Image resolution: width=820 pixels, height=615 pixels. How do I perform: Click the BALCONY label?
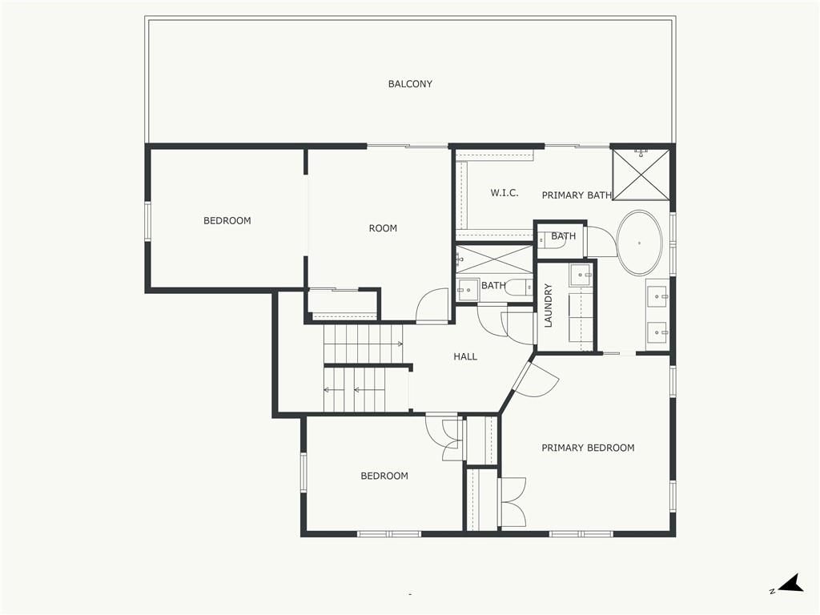coord(410,84)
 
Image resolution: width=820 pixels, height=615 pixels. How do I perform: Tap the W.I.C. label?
coord(504,193)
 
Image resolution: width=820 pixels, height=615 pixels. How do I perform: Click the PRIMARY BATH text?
coord(577,195)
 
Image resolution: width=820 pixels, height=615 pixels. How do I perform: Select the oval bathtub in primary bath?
coord(639,243)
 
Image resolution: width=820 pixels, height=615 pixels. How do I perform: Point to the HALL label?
coord(465,356)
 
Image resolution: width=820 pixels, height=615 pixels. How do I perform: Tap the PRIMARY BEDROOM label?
coord(588,448)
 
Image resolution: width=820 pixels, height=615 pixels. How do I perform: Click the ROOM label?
coord(383,228)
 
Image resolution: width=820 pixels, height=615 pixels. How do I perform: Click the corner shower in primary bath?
coord(640,172)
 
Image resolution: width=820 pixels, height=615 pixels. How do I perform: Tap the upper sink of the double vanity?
coord(658,296)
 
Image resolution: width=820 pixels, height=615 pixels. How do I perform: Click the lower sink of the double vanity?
coord(658,329)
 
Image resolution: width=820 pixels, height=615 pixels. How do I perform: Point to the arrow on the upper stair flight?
coord(398,344)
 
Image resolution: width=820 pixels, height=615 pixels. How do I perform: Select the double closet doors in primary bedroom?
coord(512,502)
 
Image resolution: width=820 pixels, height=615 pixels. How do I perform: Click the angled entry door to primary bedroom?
coord(535,380)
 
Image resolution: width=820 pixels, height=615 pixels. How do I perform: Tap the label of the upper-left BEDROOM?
coord(227,221)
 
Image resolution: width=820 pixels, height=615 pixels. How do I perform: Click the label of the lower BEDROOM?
coord(384,476)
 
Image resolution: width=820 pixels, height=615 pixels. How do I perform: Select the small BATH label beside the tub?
coord(563,236)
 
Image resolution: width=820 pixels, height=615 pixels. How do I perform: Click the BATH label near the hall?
coord(493,286)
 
